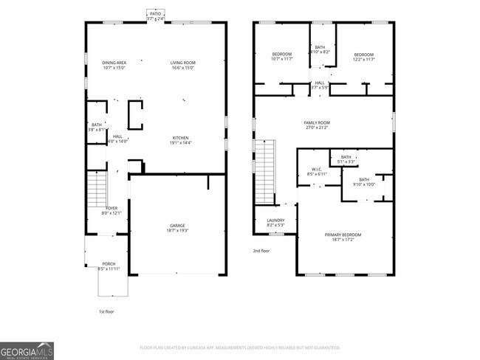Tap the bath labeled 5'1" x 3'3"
point(346,159)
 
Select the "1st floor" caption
point(107,312)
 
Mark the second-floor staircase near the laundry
point(264,172)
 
